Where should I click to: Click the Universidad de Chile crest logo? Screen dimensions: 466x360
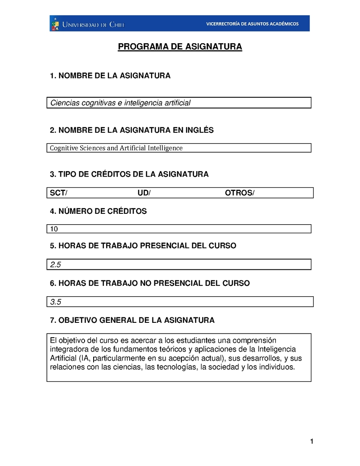pyautogui.click(x=55, y=23)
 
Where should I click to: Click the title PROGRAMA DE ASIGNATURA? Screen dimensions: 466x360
pyautogui.click(x=180, y=47)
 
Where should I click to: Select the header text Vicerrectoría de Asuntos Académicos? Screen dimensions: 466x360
pyautogui.click(x=252, y=24)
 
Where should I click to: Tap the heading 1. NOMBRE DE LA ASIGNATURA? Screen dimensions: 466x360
pyautogui.click(x=110, y=76)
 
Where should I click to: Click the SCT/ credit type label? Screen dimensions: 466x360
pyautogui.click(x=58, y=193)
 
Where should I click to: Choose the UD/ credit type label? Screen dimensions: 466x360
pyautogui.click(x=144, y=193)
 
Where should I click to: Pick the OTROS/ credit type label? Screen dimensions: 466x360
pyautogui.click(x=239, y=193)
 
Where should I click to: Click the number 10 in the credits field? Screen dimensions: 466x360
pyautogui.click(x=54, y=229)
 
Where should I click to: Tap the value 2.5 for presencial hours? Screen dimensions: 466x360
pyautogui.click(x=56, y=265)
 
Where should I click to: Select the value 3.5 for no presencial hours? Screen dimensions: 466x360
pyautogui.click(x=56, y=302)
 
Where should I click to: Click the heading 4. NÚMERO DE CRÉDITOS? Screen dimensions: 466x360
pyautogui.click(x=98, y=211)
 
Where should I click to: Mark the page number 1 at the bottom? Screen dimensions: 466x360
pyautogui.click(x=311, y=442)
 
